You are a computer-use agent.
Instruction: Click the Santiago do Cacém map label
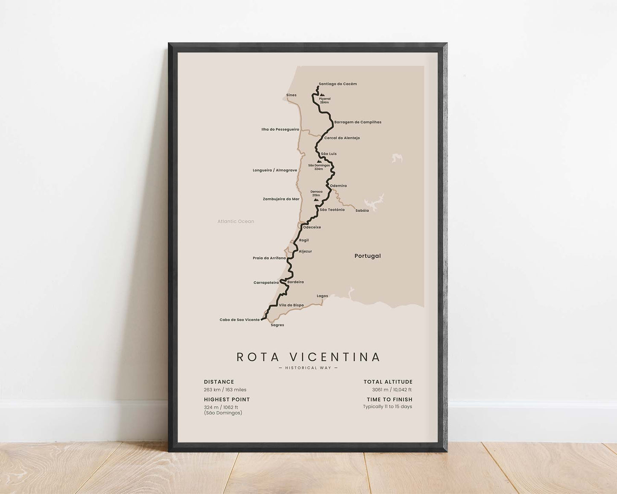point(337,84)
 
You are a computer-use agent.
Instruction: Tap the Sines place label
point(291,95)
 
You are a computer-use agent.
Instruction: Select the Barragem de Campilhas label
point(357,122)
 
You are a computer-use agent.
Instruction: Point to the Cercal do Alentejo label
point(342,138)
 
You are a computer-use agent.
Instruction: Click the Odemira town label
point(338,186)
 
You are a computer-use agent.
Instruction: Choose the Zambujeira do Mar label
point(281,199)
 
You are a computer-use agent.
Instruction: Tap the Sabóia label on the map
point(362,211)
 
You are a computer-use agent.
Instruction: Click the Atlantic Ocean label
point(236,221)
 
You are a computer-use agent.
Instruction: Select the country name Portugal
point(367,256)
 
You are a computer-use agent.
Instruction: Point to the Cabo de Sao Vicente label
point(239,320)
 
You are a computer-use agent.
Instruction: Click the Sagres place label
point(277,325)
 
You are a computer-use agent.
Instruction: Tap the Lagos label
point(322,296)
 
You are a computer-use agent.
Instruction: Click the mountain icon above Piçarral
point(322,95)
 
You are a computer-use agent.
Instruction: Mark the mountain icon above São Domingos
point(319,161)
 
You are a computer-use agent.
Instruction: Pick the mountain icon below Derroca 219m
point(316,200)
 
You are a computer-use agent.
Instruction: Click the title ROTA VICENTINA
point(308,357)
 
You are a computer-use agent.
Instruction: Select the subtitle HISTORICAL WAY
point(308,368)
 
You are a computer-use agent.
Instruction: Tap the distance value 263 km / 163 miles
point(225,390)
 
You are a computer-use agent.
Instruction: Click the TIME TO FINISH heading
point(389,400)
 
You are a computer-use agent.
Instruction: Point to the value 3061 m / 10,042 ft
point(392,390)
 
